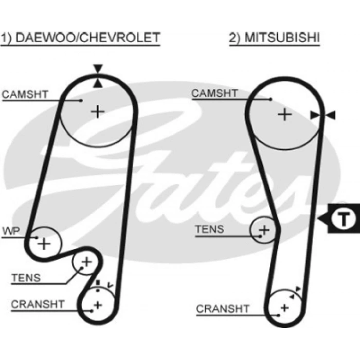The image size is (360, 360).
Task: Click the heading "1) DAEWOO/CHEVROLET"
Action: [80, 38]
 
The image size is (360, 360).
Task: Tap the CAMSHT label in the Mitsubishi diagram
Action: [214, 93]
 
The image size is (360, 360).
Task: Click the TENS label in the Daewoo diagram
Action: [26, 279]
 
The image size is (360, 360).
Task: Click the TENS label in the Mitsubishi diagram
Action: [209, 229]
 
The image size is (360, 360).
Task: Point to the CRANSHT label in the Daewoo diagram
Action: [38, 304]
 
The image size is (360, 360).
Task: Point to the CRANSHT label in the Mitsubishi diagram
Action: [223, 309]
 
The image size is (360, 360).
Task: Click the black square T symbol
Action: [343, 220]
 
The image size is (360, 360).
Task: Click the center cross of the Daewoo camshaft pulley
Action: [97, 111]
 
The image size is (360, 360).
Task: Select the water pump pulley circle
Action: [44, 242]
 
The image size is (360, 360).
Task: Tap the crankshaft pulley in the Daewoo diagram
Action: [97, 305]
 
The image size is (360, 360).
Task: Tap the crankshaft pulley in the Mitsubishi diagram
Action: [283, 308]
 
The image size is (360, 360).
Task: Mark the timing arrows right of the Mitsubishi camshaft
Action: [323, 116]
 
